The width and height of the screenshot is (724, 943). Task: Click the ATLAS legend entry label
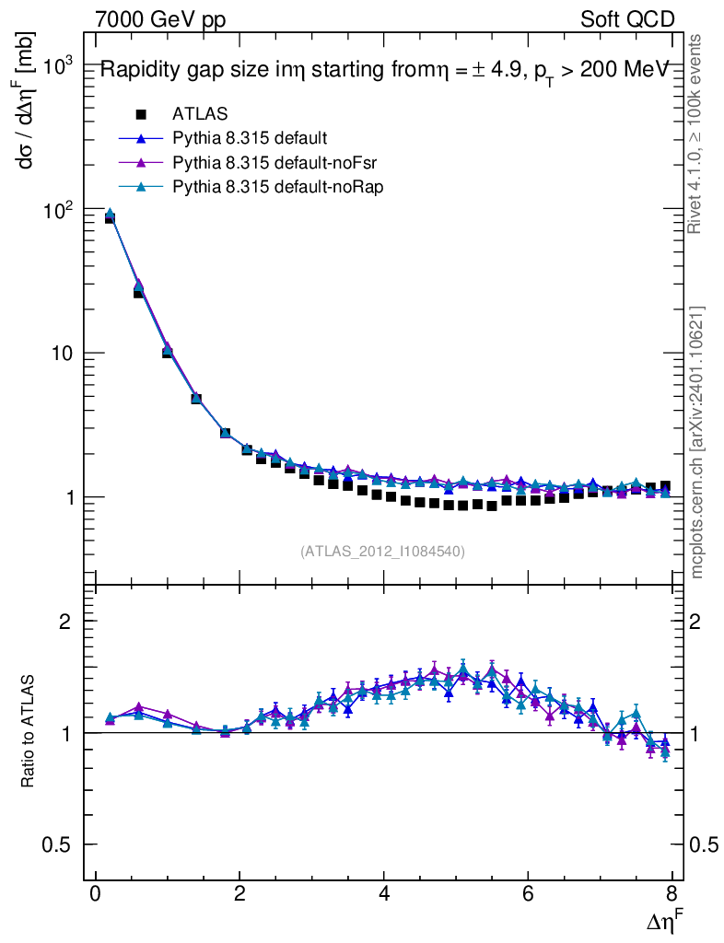(x=201, y=114)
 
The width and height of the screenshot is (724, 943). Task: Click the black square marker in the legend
(x=141, y=114)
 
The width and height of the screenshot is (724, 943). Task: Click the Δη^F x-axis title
(x=660, y=920)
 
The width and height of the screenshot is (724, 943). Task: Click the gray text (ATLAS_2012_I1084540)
(x=382, y=552)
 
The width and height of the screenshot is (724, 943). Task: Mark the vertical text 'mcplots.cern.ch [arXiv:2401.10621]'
(x=697, y=442)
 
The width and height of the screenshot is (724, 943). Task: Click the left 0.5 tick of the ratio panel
(x=64, y=845)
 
